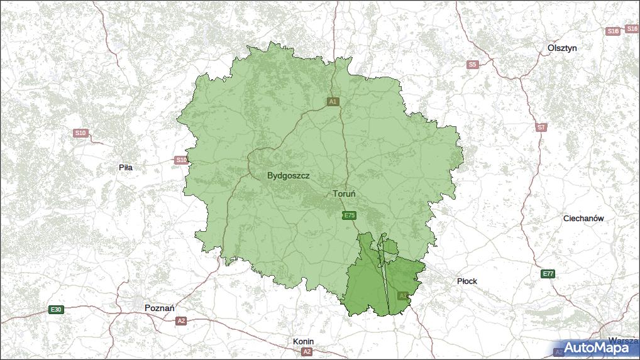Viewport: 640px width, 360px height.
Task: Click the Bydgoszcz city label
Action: (x=288, y=176)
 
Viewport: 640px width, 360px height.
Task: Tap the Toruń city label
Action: (x=344, y=194)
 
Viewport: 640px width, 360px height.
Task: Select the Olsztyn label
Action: (x=561, y=48)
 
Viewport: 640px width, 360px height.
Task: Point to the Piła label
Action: (x=126, y=168)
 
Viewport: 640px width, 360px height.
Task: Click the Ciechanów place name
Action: (x=583, y=219)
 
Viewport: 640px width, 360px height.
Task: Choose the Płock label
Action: (x=467, y=281)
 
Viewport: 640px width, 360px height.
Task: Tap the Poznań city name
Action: (x=159, y=308)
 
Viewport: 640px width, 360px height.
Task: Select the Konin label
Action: (x=303, y=342)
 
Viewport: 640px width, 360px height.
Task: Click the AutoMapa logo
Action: (x=596, y=348)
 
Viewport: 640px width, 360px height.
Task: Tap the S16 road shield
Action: (x=613, y=31)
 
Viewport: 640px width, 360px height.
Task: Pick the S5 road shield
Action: (x=473, y=64)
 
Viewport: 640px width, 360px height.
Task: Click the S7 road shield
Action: (x=541, y=127)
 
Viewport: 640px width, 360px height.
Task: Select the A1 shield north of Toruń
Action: (x=333, y=101)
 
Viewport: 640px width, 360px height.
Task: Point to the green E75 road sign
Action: (x=350, y=215)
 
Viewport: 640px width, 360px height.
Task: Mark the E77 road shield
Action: (x=548, y=274)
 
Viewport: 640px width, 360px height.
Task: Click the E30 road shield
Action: (x=57, y=309)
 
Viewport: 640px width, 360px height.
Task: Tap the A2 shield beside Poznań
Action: (x=181, y=321)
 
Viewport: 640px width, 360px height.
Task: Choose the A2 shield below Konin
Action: (x=307, y=351)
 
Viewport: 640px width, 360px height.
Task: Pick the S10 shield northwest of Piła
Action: (x=80, y=133)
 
